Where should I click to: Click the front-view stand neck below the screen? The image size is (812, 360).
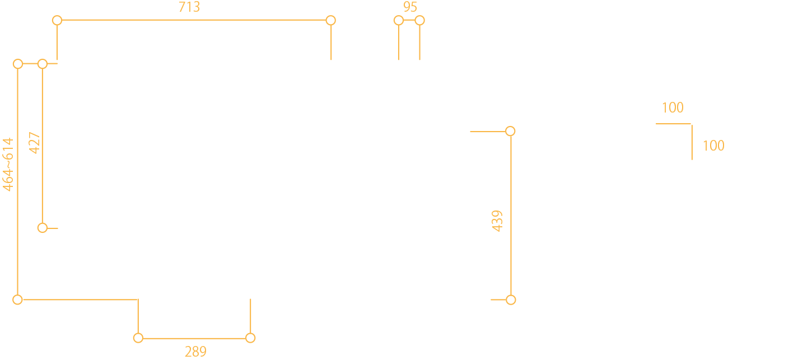pyautogui.click(x=194, y=259)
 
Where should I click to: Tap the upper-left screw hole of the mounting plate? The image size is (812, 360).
pyautogui.click(x=654, y=124)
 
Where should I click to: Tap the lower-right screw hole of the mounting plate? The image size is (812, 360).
pyautogui.click(x=693, y=162)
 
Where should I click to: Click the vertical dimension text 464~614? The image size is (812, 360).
pyautogui.click(x=7, y=165)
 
